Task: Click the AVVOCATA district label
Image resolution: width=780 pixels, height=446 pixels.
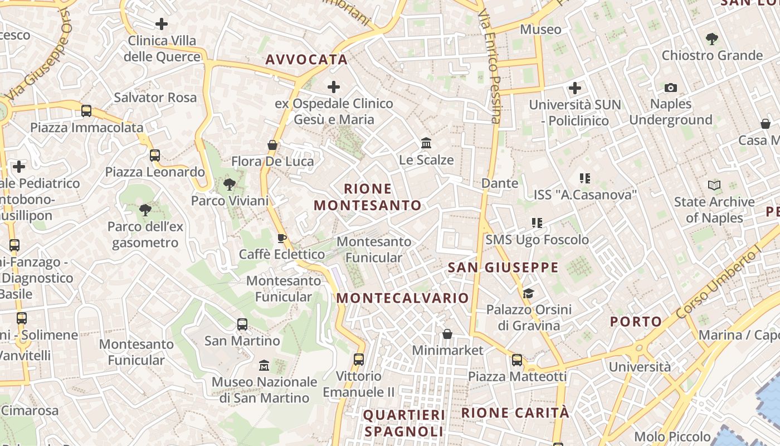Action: pos(306,60)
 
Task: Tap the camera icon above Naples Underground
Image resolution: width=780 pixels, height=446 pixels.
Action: pos(671,88)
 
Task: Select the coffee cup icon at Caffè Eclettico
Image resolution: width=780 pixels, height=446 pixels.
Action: pos(282,239)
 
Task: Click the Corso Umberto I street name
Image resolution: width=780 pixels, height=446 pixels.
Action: pos(719,284)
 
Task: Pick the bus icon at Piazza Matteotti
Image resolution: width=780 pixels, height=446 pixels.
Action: pos(517,360)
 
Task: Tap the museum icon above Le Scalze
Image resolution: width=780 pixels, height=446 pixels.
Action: pos(426,143)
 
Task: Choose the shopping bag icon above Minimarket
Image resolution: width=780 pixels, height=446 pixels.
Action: pos(447,334)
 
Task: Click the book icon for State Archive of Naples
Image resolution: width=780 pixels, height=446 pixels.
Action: pos(714,185)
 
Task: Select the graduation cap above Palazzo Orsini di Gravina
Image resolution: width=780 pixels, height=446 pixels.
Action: pos(528,293)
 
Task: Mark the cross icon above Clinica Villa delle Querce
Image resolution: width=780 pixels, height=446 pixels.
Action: pos(162,24)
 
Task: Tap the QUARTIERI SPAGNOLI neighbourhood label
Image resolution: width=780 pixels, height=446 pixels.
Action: pos(404,423)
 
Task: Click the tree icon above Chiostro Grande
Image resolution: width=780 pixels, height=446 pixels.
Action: pos(711,39)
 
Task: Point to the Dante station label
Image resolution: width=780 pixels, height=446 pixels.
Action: pos(499,183)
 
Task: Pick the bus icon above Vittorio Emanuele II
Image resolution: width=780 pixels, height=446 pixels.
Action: pos(359,360)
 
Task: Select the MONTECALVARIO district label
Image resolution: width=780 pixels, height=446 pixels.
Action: pos(402,298)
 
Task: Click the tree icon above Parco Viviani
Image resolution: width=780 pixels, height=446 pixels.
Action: pos(229,185)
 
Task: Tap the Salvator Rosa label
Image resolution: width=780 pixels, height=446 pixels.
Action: pos(155,98)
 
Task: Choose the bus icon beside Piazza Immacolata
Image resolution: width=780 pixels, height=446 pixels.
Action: pos(86,110)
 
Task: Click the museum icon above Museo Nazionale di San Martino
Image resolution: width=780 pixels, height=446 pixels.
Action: pos(264,366)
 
